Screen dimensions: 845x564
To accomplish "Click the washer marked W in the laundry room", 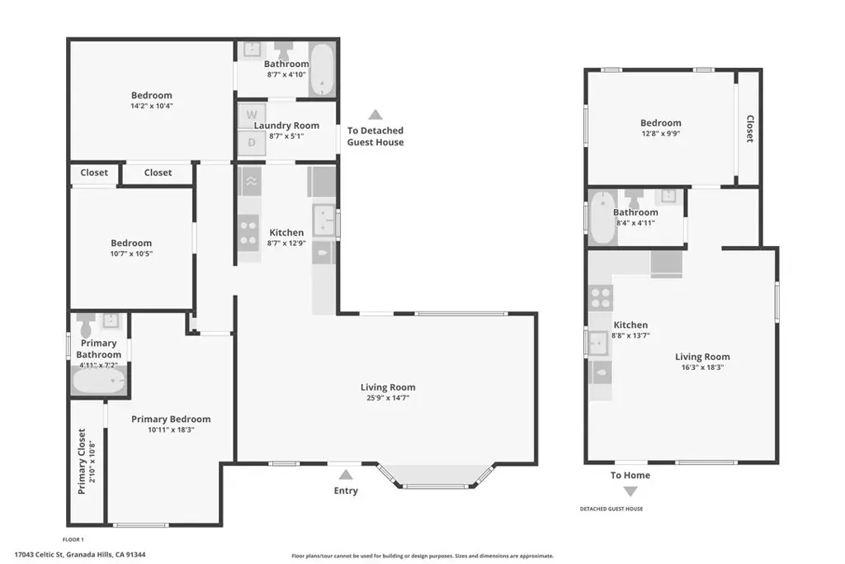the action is (252, 115).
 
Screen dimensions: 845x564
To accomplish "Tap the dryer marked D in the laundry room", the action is (252, 142).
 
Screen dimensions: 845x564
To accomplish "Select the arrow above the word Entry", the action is (346, 475).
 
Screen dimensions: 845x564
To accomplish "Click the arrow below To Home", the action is (630, 491).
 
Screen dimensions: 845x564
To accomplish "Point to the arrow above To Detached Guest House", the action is (375, 114).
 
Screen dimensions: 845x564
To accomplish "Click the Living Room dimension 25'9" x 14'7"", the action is (388, 398).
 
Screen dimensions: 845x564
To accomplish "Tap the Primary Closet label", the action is (82, 461).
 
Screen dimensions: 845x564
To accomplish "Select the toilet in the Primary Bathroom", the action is (86, 325).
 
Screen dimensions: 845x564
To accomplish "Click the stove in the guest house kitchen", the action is (601, 298).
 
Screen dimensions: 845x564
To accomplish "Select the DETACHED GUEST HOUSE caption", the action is (611, 509).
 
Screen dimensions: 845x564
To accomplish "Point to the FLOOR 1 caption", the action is (73, 539).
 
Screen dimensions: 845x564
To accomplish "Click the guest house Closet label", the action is (749, 128).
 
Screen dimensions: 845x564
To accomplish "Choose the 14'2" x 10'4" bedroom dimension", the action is (152, 106).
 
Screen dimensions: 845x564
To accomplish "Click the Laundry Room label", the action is (286, 125).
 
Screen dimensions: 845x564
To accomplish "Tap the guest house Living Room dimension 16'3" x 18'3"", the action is (702, 367).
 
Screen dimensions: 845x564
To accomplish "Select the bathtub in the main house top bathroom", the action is (323, 69).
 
